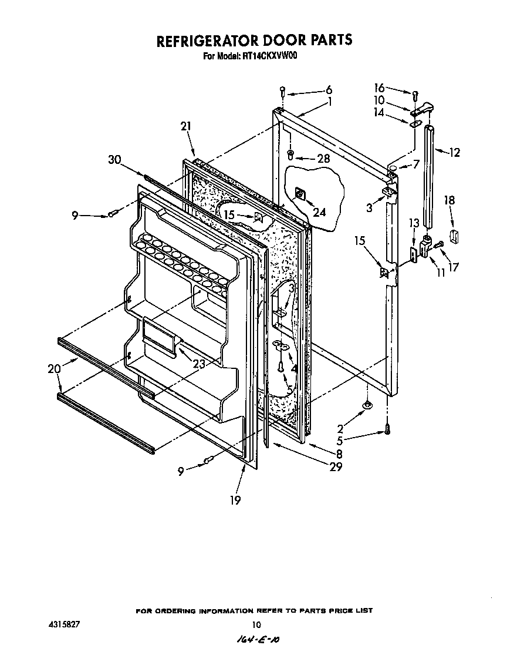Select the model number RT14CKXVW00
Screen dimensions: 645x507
tap(272, 57)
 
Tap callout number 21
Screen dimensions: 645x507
tap(186, 126)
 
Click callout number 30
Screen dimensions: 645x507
tap(116, 159)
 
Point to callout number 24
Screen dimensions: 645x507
tap(319, 213)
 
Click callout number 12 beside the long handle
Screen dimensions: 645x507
tap(455, 153)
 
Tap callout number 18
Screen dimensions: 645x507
tap(449, 200)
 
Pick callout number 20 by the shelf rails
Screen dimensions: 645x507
tap(54, 369)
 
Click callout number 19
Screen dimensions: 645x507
tap(235, 500)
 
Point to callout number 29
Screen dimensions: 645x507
tap(336, 468)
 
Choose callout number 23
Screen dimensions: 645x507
tap(199, 364)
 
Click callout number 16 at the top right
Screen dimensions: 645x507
tap(380, 88)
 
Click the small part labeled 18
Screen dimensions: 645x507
tap(453, 236)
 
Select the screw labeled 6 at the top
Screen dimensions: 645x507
tap(283, 91)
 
